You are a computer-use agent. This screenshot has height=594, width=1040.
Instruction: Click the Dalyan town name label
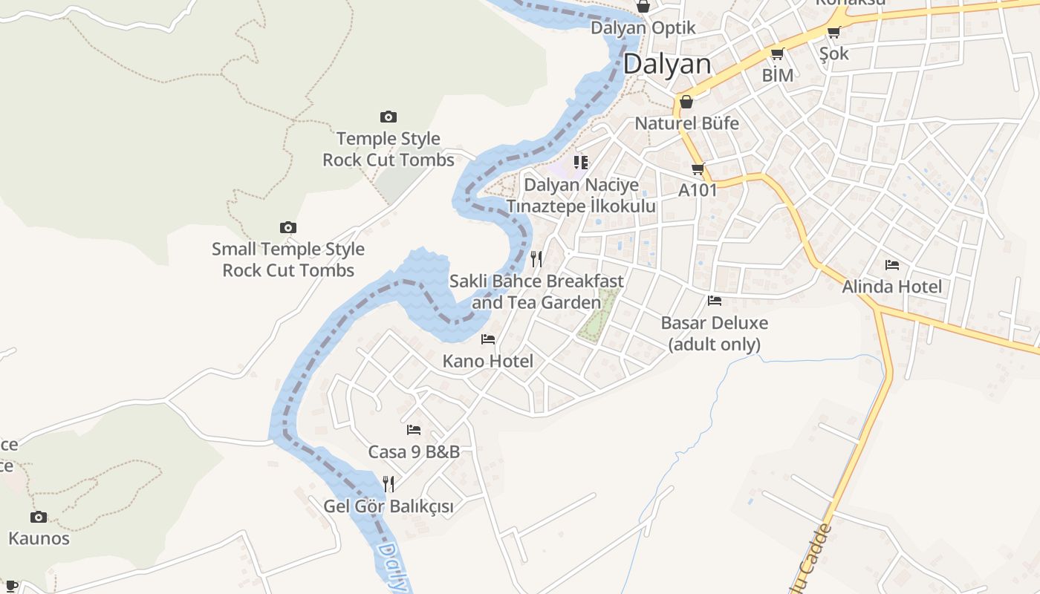[x=667, y=64]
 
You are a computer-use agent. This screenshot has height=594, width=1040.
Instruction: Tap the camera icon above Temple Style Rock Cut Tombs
[x=388, y=117]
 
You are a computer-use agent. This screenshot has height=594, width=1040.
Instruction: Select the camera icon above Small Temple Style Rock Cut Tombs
[x=287, y=227]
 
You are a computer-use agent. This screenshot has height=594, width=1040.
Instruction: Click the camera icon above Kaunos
[x=39, y=517]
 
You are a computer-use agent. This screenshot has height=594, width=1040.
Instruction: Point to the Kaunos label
[x=39, y=538]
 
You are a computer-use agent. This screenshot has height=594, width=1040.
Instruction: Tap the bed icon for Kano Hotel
[x=488, y=339]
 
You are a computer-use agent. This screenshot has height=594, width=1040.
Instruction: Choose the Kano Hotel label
[x=488, y=362]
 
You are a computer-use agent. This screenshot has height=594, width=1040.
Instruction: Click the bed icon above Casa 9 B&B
[x=414, y=430]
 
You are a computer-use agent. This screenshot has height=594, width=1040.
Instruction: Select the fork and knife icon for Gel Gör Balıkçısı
[x=388, y=484]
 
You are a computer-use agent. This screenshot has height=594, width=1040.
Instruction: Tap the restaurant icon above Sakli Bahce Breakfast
[x=536, y=259]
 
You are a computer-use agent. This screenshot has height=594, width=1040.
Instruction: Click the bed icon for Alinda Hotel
[x=892, y=264]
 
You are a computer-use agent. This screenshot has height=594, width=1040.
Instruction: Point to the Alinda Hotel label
[x=891, y=287]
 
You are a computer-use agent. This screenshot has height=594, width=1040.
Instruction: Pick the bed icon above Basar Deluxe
[x=715, y=301]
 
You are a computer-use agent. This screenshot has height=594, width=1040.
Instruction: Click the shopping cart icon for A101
[x=698, y=169]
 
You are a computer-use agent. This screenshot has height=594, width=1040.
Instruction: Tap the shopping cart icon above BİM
[x=777, y=53]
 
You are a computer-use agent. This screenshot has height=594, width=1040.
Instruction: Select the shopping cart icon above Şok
[x=833, y=32]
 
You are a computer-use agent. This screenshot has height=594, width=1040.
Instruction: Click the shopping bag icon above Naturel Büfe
[x=686, y=102]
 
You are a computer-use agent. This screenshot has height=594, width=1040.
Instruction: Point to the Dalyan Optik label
[x=643, y=28]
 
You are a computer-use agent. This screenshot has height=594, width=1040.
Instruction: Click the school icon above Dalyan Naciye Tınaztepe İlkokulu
[x=581, y=162]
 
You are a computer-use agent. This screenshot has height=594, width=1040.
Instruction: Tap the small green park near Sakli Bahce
[x=599, y=316]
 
